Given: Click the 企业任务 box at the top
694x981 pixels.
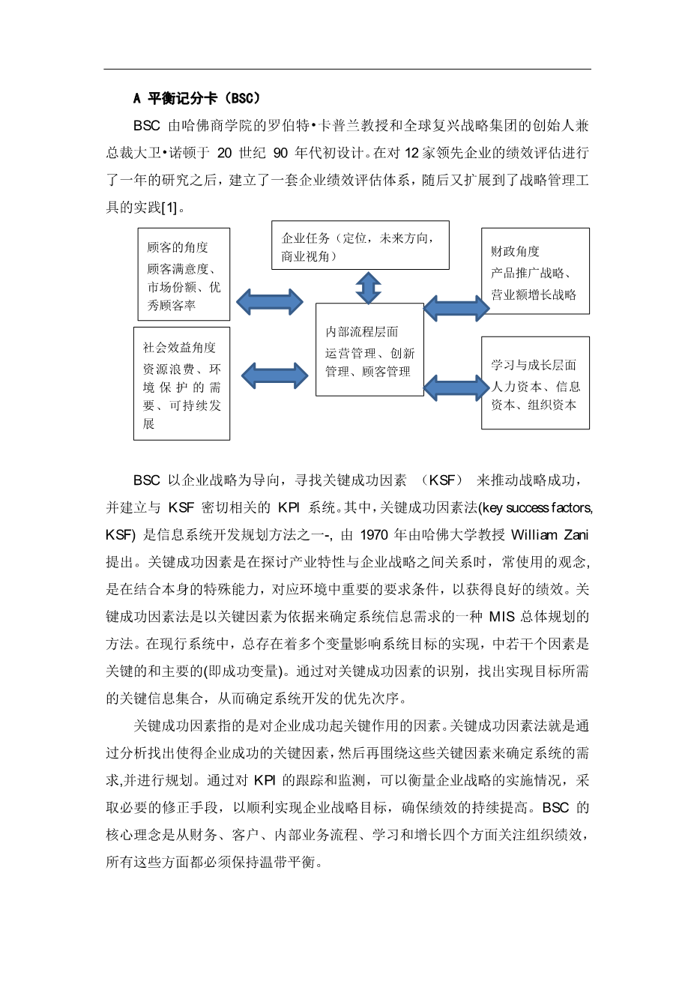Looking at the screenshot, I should pyautogui.click(x=360, y=245).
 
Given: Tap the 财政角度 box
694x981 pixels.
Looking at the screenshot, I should pyautogui.click(x=534, y=271).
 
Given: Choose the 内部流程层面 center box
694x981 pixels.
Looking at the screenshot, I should pyautogui.click(x=369, y=350).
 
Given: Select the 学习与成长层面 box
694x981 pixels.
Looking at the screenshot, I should pyautogui.click(x=534, y=383).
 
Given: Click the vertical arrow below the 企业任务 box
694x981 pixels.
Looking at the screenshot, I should pyautogui.click(x=368, y=287).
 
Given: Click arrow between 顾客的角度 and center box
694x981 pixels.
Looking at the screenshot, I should pyautogui.click(x=270, y=302).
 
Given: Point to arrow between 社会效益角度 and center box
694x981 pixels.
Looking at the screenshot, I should pyautogui.click(x=274, y=375).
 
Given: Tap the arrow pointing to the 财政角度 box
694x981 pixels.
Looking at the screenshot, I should pyautogui.click(x=456, y=308).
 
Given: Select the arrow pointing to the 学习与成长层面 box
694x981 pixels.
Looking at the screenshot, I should pyautogui.click(x=456, y=387).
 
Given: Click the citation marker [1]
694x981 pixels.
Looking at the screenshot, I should pyautogui.click(x=169, y=208).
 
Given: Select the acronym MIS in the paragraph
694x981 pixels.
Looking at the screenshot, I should pyautogui.click(x=501, y=617).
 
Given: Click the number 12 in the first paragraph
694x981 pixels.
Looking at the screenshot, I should pyautogui.click(x=411, y=153).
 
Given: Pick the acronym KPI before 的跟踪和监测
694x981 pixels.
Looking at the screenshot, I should pyautogui.click(x=265, y=781).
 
